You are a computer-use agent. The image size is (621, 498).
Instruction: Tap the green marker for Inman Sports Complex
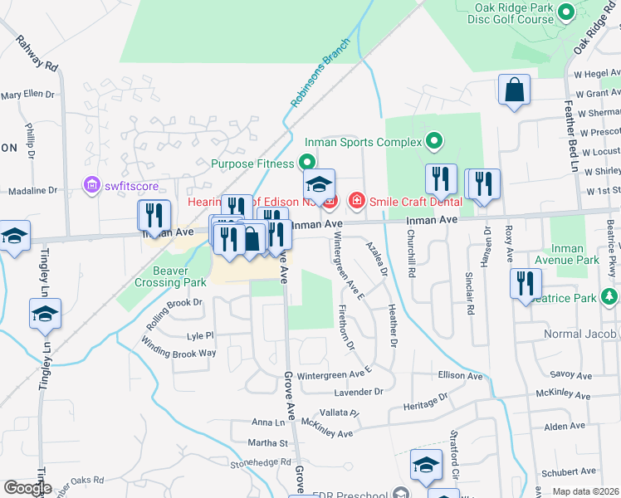coord(433,141)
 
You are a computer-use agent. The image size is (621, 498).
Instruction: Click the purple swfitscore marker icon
coord(91,183)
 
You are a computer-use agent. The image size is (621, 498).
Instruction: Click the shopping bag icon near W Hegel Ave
coord(514,90)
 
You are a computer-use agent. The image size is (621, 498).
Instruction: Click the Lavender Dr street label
coord(358,391)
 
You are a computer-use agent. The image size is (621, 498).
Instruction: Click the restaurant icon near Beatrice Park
coord(524,284)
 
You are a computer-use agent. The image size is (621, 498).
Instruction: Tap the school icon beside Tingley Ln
coord(45,314)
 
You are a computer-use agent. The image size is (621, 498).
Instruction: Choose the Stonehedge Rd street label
coord(262,462)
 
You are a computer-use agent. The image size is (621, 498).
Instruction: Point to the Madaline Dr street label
coord(29,190)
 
